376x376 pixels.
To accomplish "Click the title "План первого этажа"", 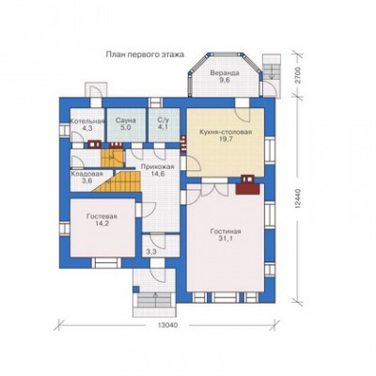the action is point(145,55).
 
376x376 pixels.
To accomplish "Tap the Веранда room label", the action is point(225,73).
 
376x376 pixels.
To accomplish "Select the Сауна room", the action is point(126,125).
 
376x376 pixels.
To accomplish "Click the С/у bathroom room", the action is point(164,125).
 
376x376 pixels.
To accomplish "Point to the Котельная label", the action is point(86,121).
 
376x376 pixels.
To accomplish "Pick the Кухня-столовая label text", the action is point(226,132).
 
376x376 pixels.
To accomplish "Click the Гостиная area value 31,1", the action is point(226,239).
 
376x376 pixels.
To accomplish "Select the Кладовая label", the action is point(86,174).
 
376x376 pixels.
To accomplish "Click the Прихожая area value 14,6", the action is point(157,174).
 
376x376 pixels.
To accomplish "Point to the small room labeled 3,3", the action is point(161,245).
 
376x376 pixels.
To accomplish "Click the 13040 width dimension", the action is point(167,325).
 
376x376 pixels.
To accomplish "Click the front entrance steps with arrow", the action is point(155,300).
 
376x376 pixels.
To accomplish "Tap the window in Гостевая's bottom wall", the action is point(107,262).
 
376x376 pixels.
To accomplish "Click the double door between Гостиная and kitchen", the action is point(214,190).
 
